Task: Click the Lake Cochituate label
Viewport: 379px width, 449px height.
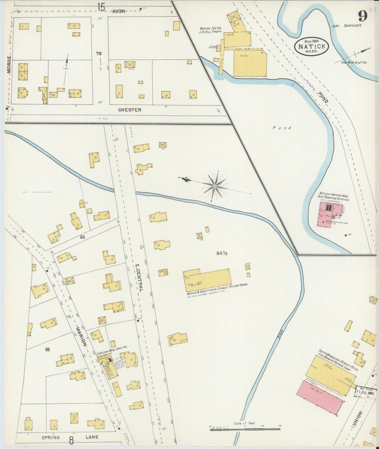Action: click(x=347, y=25)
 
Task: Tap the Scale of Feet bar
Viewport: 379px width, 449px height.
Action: click(x=245, y=429)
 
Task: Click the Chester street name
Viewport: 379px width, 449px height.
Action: click(x=130, y=110)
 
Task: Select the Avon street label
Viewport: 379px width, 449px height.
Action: click(x=119, y=11)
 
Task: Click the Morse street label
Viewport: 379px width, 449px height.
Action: click(x=9, y=64)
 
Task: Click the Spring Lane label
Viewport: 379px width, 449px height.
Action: click(x=70, y=437)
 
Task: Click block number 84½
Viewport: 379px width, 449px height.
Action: click(x=222, y=253)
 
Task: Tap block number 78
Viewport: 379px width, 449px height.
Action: click(x=99, y=54)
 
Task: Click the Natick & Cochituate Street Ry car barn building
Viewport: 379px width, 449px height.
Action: click(x=207, y=280)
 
